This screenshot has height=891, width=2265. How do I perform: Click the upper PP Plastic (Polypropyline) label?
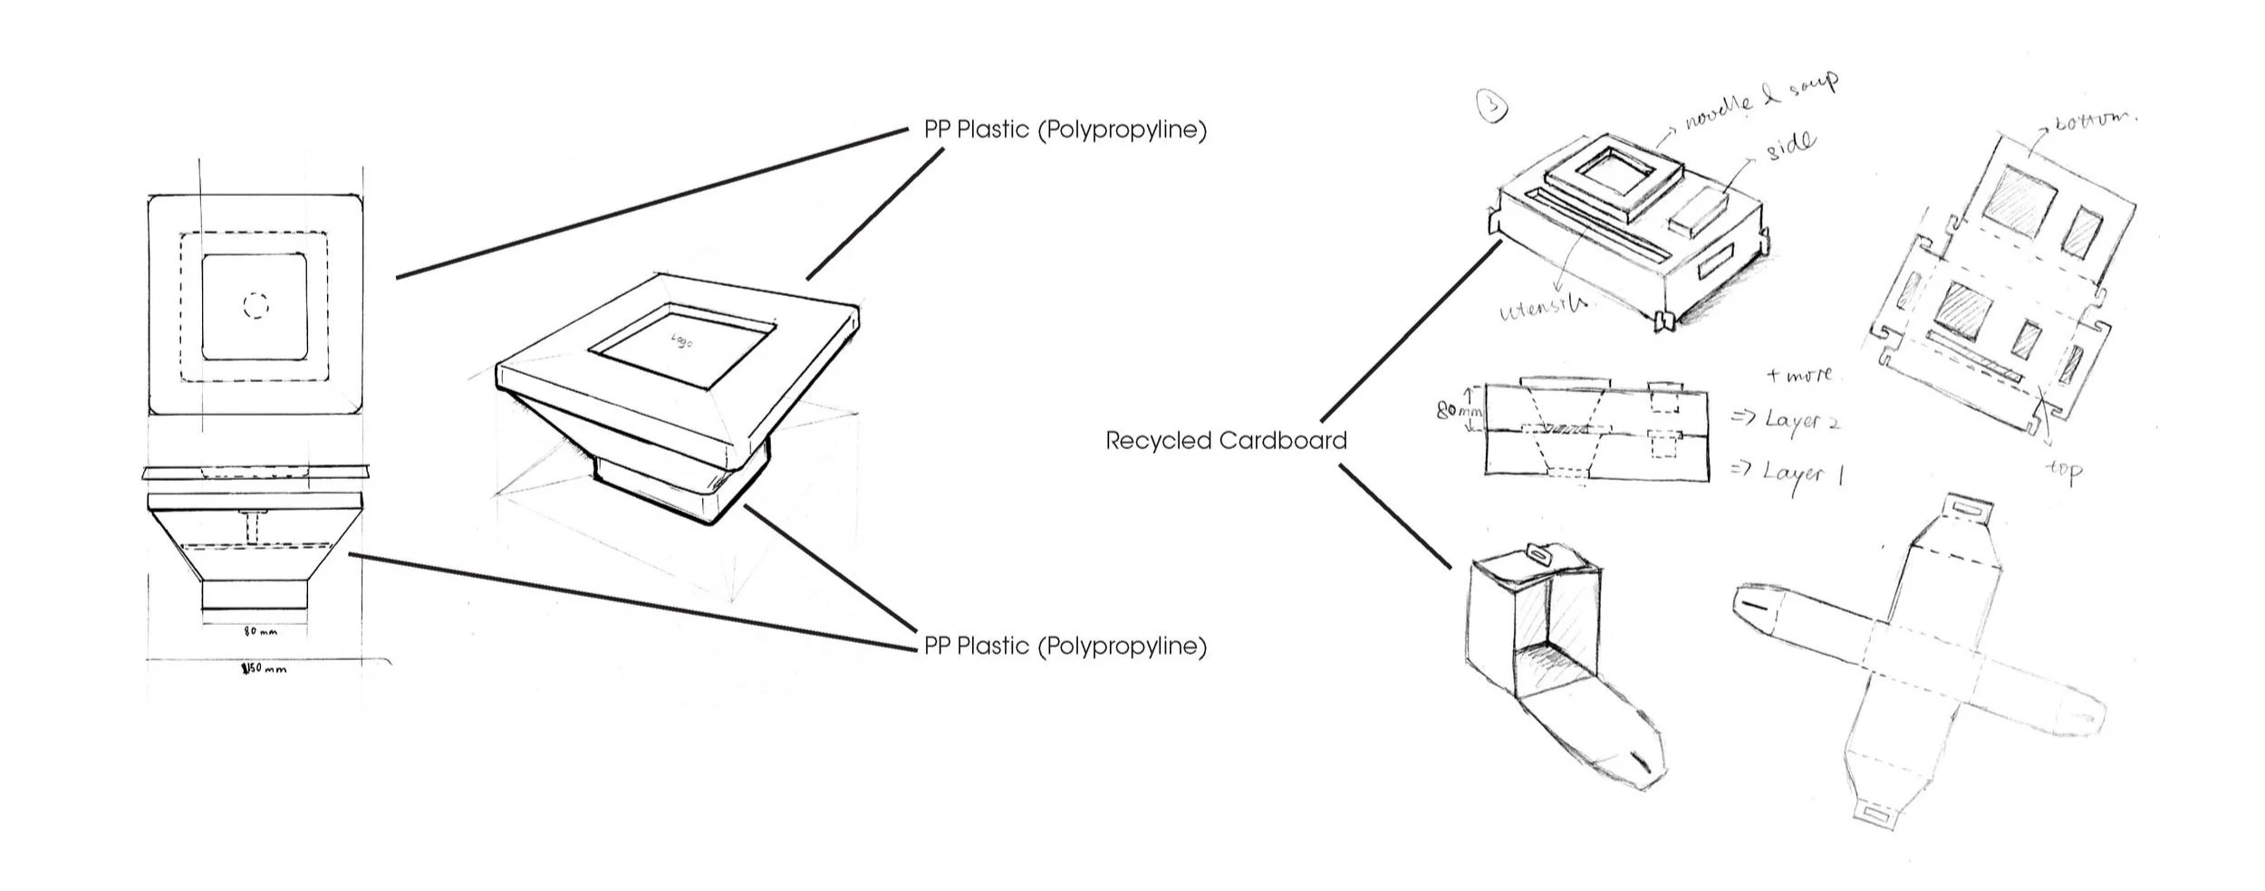[x=1065, y=130]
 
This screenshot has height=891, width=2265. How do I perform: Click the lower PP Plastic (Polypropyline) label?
[x=1065, y=647]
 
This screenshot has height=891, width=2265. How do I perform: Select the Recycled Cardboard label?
[x=1226, y=441]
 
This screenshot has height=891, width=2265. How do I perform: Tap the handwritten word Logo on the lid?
[x=681, y=340]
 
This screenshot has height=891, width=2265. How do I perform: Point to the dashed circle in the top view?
[x=256, y=306]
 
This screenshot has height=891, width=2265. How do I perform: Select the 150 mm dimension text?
[x=264, y=670]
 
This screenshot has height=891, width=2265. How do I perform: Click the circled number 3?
[x=1492, y=107]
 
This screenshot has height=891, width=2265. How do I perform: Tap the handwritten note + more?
[x=1798, y=374]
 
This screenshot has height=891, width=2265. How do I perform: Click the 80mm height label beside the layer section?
[x=1459, y=411]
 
